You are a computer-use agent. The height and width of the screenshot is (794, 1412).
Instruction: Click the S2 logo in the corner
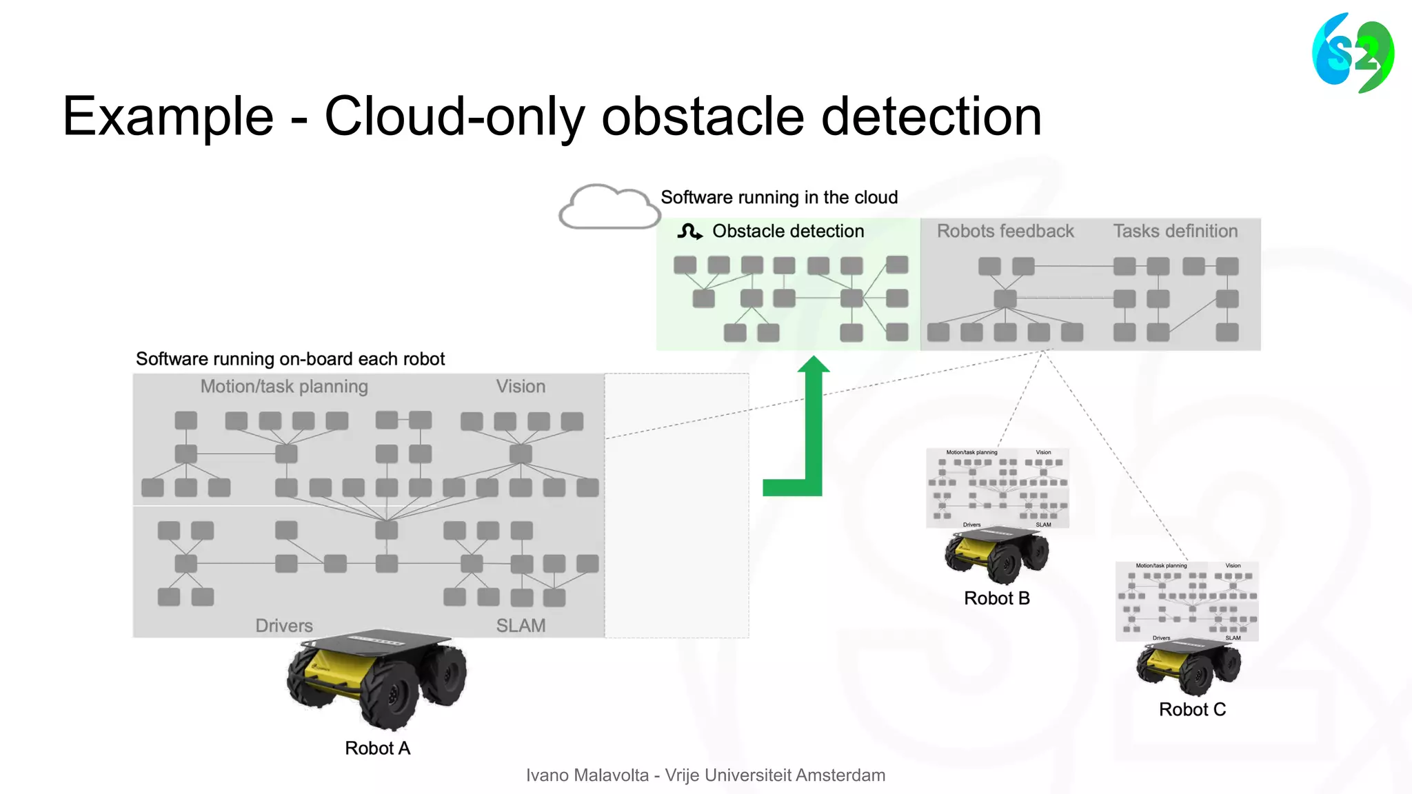[x=1353, y=53]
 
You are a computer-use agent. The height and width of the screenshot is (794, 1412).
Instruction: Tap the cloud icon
[x=609, y=207]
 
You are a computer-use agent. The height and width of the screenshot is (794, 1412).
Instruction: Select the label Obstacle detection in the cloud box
[x=788, y=231]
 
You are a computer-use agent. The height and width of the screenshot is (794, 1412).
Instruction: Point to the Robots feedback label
[x=1005, y=231]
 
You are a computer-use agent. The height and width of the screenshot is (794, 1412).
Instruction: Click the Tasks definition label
[x=1175, y=231]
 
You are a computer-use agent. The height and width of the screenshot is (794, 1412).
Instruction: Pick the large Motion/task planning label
[x=284, y=387]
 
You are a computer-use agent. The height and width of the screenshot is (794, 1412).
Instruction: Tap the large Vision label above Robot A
[x=521, y=387]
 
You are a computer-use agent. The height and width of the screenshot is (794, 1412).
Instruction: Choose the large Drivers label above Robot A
[x=284, y=626]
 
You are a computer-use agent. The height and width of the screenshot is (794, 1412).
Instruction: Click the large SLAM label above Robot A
[x=521, y=626]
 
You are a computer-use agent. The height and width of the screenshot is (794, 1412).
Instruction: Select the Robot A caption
[x=377, y=748]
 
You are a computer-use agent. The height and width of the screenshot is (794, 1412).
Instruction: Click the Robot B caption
[x=996, y=598]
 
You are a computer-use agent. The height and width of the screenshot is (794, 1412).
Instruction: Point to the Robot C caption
[x=1192, y=709]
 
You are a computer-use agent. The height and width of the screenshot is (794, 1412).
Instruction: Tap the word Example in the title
[x=168, y=116]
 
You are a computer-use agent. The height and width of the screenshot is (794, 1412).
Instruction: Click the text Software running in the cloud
[x=779, y=198]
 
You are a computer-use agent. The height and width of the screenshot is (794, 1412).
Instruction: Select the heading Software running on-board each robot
[x=290, y=359]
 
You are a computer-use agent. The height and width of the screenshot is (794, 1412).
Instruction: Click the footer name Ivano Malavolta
[x=587, y=775]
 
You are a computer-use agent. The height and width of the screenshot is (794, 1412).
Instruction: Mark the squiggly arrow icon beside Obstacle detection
[x=689, y=232]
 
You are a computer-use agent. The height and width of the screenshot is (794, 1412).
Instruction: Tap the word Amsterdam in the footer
[x=840, y=775]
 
